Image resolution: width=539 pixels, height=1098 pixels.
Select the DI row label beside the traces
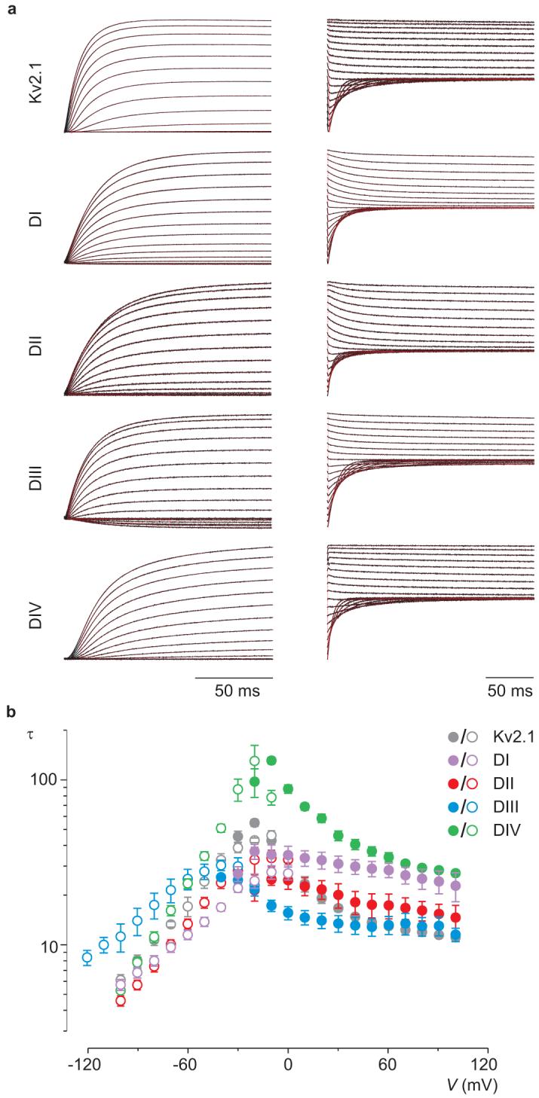35,223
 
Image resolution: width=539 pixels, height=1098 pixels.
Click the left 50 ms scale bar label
234,690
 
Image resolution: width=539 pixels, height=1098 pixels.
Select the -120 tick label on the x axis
88,1066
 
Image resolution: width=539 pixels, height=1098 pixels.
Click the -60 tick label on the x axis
188,1066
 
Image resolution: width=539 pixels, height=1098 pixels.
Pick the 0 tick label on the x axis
288,1066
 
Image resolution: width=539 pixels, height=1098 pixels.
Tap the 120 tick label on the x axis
487,1066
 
